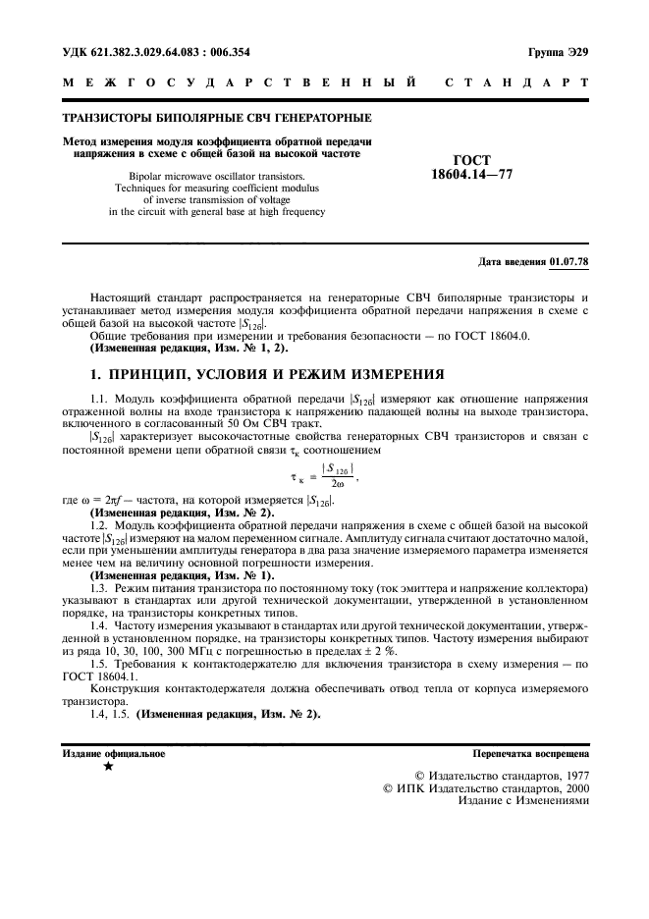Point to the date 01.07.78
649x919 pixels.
[569, 261]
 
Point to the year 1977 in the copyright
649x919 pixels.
[571, 774]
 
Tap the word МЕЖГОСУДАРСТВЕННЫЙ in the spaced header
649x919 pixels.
[236, 85]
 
